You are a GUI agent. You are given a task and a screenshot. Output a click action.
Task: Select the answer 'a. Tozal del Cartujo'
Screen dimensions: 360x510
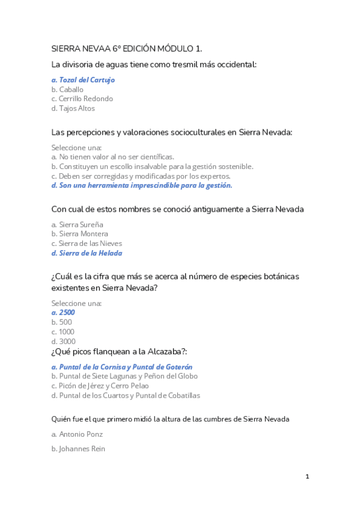click(83, 79)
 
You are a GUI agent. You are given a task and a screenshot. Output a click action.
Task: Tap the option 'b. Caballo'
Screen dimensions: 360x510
click(67, 89)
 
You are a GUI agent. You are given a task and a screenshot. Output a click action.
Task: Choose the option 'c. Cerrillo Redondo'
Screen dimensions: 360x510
click(82, 99)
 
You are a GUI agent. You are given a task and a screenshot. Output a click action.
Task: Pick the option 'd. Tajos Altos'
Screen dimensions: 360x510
click(73, 108)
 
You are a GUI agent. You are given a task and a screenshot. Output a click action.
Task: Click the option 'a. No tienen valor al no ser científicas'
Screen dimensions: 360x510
click(113, 157)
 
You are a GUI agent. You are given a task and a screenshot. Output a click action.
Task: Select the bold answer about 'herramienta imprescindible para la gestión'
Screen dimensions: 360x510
click(142, 186)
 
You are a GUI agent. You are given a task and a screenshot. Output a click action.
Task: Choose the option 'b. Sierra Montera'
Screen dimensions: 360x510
click(80, 234)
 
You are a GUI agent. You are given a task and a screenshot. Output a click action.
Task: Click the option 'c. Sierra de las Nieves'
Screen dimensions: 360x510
click(87, 244)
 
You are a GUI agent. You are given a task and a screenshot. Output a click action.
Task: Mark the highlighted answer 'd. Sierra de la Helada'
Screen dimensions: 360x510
click(87, 253)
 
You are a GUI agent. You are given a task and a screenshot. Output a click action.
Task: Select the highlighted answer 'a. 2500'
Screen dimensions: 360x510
click(63, 313)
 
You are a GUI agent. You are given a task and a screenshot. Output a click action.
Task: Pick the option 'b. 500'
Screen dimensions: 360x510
click(61, 322)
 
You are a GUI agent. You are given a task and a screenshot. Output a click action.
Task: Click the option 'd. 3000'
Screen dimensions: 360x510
click(63, 342)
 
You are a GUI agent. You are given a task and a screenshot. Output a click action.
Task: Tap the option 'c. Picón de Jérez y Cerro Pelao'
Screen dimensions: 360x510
click(100, 386)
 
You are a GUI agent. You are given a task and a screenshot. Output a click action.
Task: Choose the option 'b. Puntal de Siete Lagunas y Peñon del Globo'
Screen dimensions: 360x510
click(124, 376)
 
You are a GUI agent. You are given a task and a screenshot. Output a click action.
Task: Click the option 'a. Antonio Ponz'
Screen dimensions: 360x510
click(77, 434)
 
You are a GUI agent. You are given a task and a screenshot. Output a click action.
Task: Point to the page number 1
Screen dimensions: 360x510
click(307, 477)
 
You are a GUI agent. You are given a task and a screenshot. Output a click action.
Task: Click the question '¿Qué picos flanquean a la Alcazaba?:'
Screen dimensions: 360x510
click(123, 351)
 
